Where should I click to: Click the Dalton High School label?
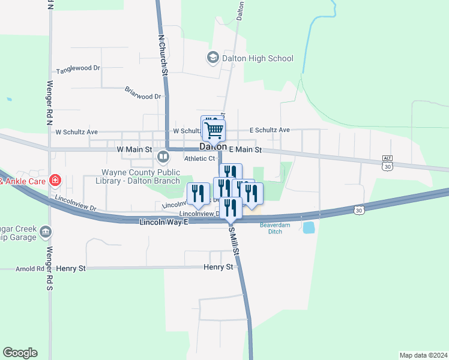258,58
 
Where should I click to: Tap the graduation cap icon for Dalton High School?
212,58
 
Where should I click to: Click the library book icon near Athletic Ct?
163,157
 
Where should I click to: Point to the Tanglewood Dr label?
78,68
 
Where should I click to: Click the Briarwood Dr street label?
143,95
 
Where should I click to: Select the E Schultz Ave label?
270,130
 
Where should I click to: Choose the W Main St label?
135,149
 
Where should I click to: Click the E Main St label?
246,149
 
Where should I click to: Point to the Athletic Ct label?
199,158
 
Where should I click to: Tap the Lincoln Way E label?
164,222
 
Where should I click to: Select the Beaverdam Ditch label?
275,229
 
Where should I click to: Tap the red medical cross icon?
55,179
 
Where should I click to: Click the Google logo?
20,353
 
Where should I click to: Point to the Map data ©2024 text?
423,355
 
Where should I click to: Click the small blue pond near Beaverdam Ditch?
309,227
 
